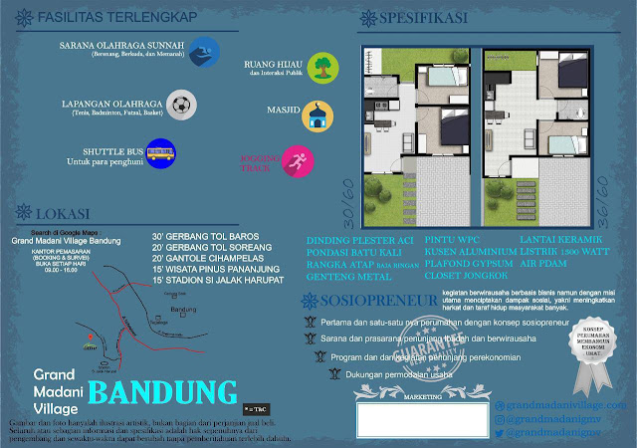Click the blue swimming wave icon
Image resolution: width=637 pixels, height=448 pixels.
tap(204, 51)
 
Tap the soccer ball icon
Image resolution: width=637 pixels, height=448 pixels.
tap(180, 103)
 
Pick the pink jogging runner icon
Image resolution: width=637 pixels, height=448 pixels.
tap(296, 159)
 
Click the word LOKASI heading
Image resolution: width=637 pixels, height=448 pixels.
tap(63, 215)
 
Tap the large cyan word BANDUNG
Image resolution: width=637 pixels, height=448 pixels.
tap(176, 391)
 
